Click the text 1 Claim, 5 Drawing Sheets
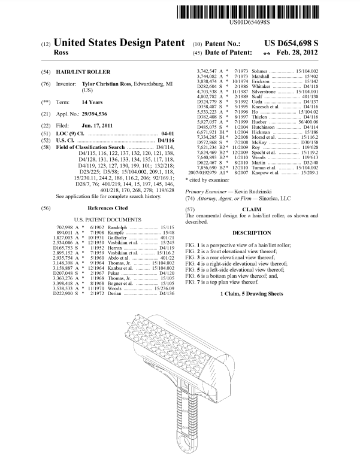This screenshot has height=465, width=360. pos(252,294)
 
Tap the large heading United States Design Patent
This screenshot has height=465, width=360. pos(119,44)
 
